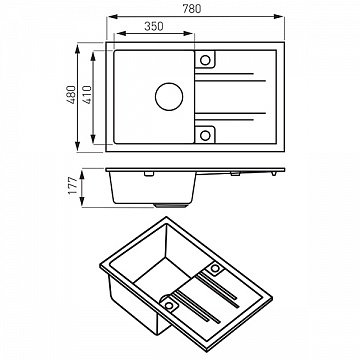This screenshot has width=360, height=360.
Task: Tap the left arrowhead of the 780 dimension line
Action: click(x=108, y=18)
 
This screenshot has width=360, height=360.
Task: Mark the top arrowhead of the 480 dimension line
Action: click(x=80, y=46)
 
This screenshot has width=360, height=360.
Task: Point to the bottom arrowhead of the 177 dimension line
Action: click(x=81, y=205)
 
